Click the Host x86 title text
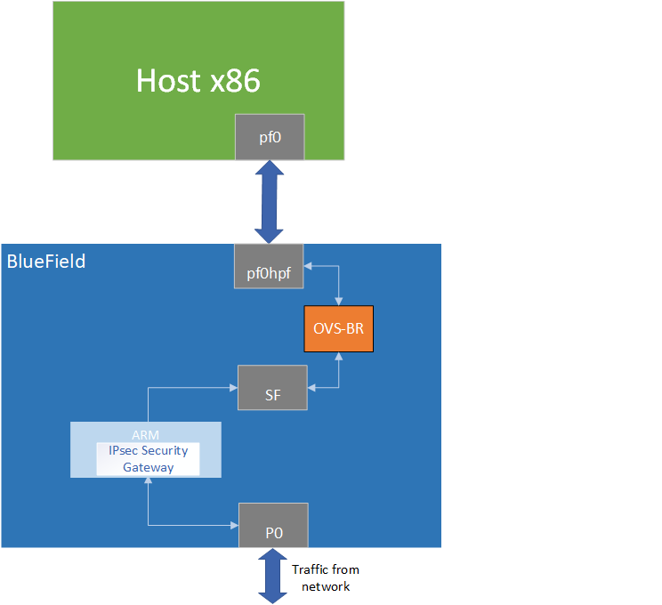pos(198,81)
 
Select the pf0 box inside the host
pos(270,137)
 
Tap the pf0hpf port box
pos(269,265)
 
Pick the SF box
pos(272,388)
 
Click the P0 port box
pos(273,525)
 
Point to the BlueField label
pos(46,262)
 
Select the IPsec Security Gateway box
pos(148,459)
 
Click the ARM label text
pos(145,434)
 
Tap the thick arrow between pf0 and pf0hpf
pos(269,202)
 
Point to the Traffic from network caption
pos(326,577)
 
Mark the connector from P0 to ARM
pos(148,512)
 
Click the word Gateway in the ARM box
pos(148,467)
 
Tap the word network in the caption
pos(326,586)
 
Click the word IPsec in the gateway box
pos(119,451)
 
